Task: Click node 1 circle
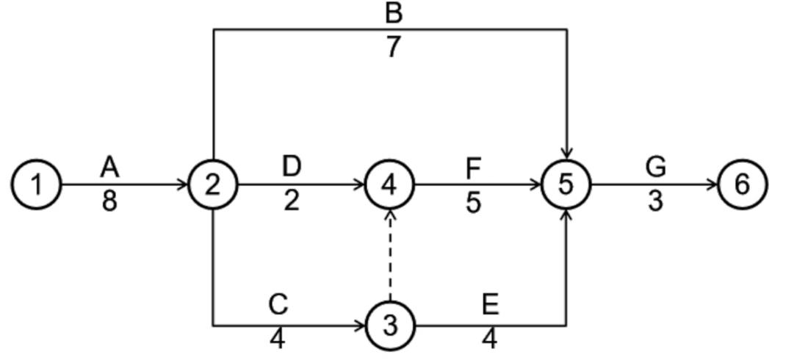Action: point(36,184)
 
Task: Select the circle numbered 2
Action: point(213,184)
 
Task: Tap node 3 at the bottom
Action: point(390,325)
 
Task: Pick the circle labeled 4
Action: point(390,184)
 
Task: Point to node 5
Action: point(566,184)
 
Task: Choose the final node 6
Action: point(743,184)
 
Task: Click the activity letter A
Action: point(109,168)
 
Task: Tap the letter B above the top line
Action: point(393,13)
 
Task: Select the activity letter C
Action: point(278,304)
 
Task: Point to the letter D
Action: point(292,167)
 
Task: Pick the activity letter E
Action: point(490,304)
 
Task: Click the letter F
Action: point(473,168)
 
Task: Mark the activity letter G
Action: point(655,168)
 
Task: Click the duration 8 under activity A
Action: point(109,200)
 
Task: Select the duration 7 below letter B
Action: point(393,46)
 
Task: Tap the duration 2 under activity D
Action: point(292,200)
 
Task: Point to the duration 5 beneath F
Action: point(473,201)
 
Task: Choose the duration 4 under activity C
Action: point(278,339)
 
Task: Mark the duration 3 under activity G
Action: point(655,200)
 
